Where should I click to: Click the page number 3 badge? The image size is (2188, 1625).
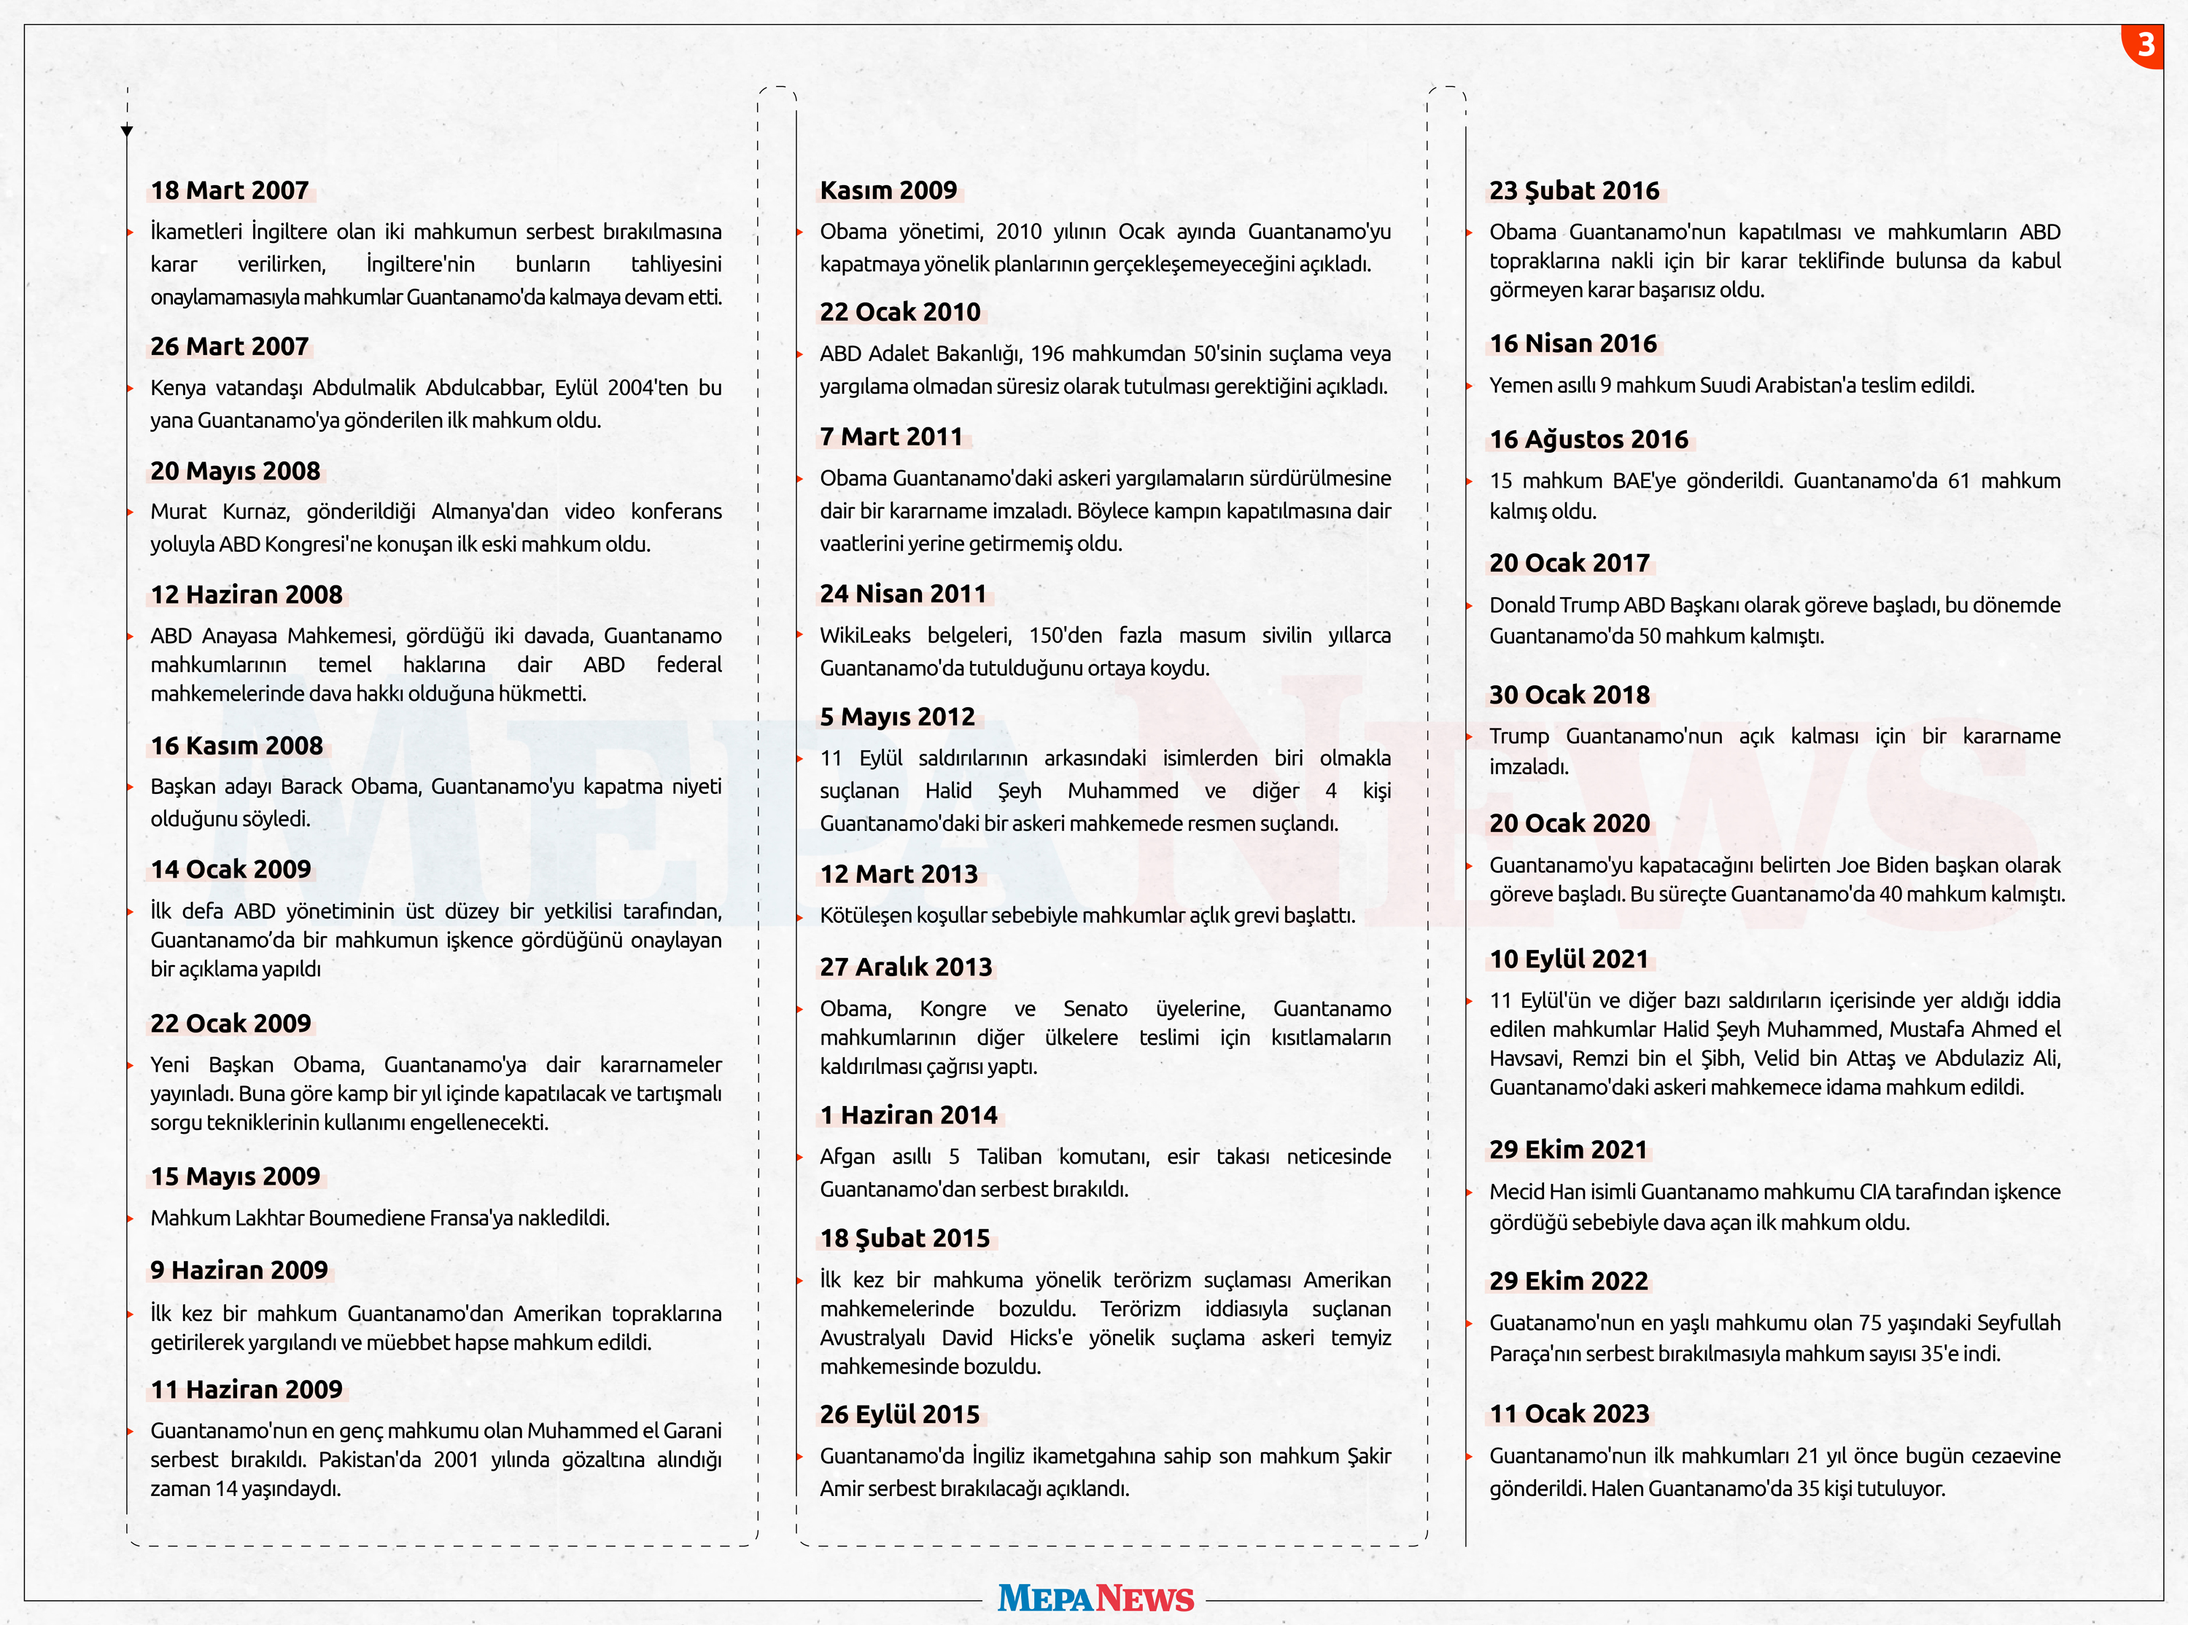pos(2145,44)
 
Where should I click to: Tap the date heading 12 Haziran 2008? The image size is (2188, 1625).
pos(246,594)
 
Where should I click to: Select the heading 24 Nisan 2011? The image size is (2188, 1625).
pos(903,593)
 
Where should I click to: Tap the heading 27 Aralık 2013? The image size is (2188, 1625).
pos(906,966)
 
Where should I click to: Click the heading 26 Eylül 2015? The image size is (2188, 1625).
pos(900,1414)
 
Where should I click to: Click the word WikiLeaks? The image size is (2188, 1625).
pos(865,636)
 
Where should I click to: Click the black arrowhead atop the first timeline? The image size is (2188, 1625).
pos(127,130)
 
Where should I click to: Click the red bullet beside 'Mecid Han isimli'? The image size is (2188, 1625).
pos(1469,1192)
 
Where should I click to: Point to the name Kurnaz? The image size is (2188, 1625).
pos(256,512)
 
